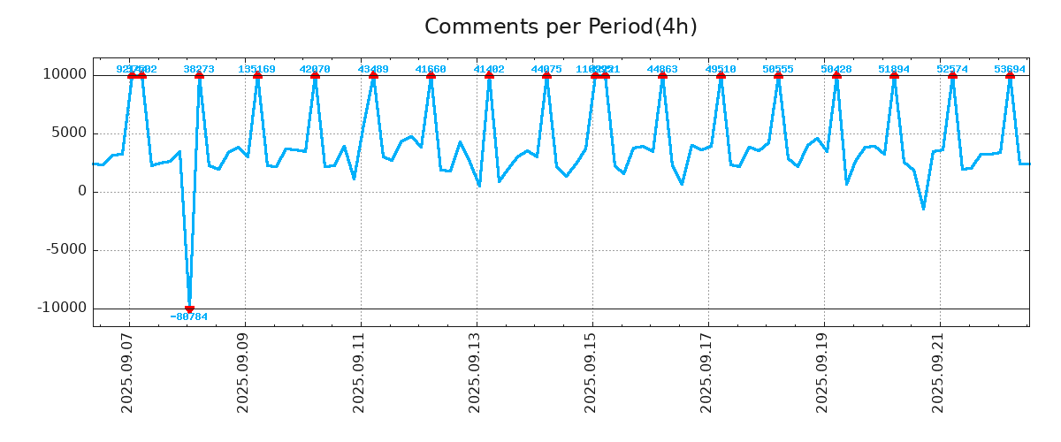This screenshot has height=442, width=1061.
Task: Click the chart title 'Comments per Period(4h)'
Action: (x=561, y=27)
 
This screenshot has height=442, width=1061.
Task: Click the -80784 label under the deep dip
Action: (x=189, y=316)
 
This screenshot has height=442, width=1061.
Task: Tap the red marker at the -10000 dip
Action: (x=189, y=309)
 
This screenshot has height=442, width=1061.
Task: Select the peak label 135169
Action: (x=256, y=69)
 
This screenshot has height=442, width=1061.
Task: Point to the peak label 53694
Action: (x=1010, y=69)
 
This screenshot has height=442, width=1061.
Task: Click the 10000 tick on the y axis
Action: (x=65, y=74)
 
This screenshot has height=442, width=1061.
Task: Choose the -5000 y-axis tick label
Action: (x=65, y=249)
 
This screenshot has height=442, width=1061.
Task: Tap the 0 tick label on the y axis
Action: (x=82, y=191)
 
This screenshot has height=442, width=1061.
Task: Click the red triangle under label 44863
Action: (x=662, y=75)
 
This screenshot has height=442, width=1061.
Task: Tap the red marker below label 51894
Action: (x=894, y=75)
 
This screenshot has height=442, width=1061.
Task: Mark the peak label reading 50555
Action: (x=778, y=69)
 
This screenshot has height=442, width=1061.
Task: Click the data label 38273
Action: (x=199, y=69)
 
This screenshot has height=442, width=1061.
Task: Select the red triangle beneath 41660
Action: (x=431, y=75)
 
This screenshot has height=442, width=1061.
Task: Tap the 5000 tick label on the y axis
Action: (x=69, y=133)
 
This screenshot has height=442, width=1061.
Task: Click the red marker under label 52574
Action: (x=952, y=75)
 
